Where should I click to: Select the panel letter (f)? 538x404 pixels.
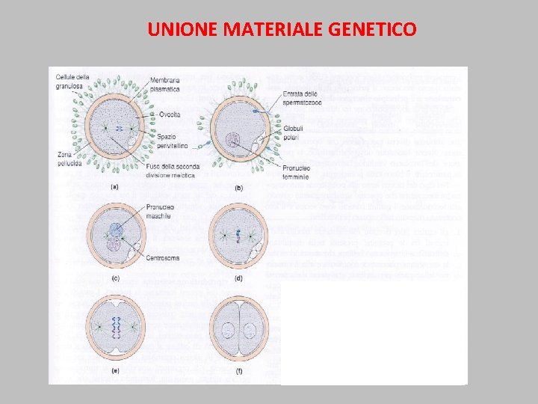point(238,369)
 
